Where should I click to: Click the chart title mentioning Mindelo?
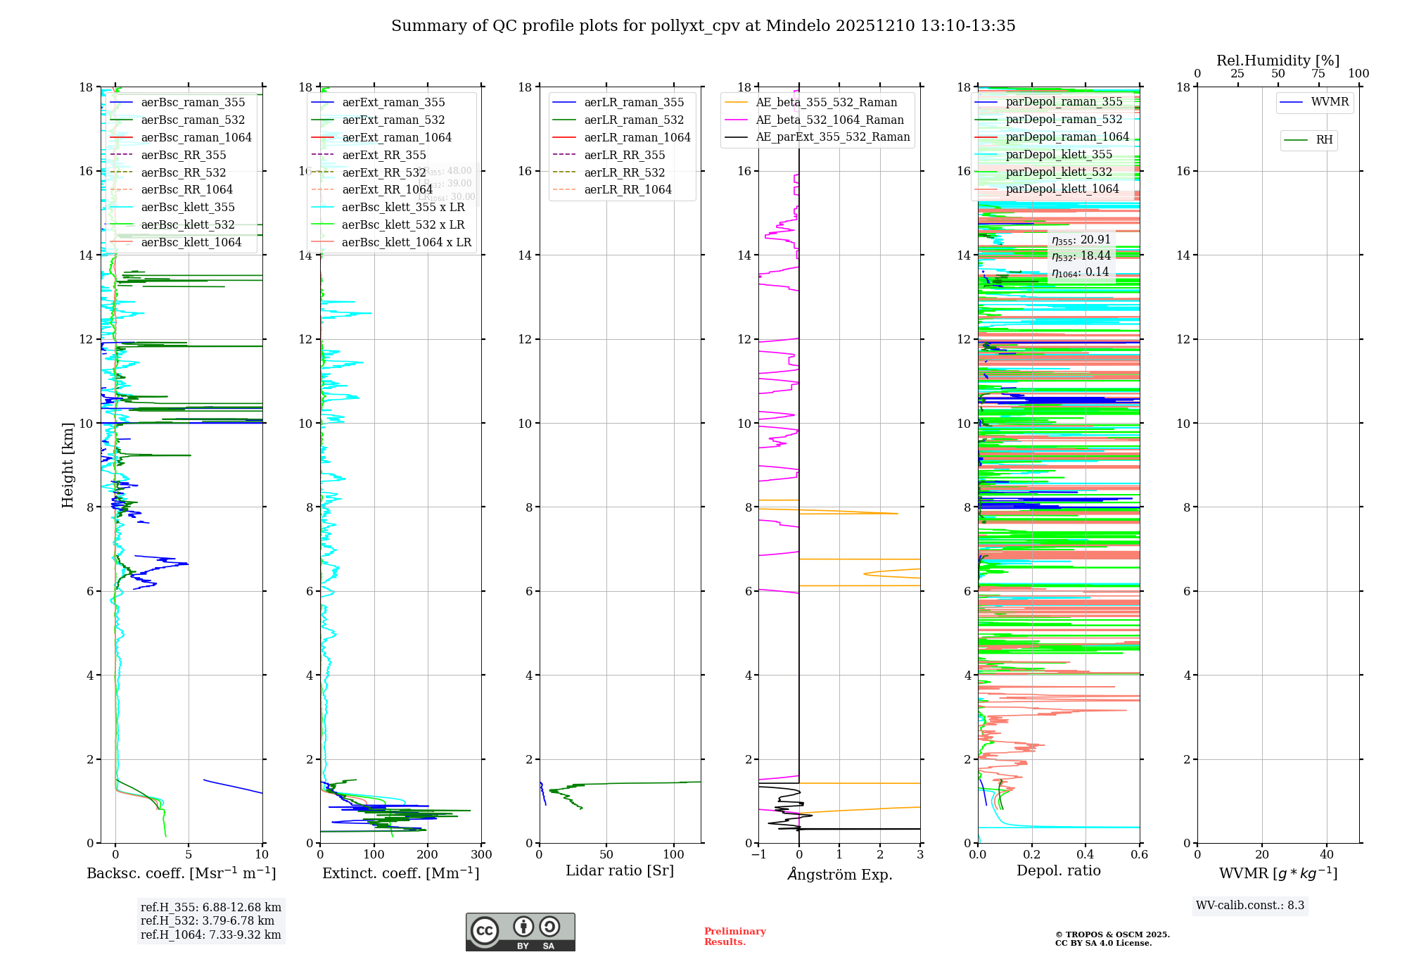(703, 26)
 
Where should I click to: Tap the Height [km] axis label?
(68, 465)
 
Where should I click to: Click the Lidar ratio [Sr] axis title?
(619, 871)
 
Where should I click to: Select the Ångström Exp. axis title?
(839, 875)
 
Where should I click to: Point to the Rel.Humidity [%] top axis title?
(1278, 61)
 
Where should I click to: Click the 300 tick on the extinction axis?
(481, 855)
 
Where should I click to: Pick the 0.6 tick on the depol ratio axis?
(1139, 855)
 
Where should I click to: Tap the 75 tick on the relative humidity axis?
(1318, 74)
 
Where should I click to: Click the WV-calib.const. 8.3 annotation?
(1249, 906)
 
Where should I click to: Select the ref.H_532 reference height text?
(207, 921)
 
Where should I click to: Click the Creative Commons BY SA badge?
(520, 932)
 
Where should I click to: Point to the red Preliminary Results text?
(734, 937)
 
